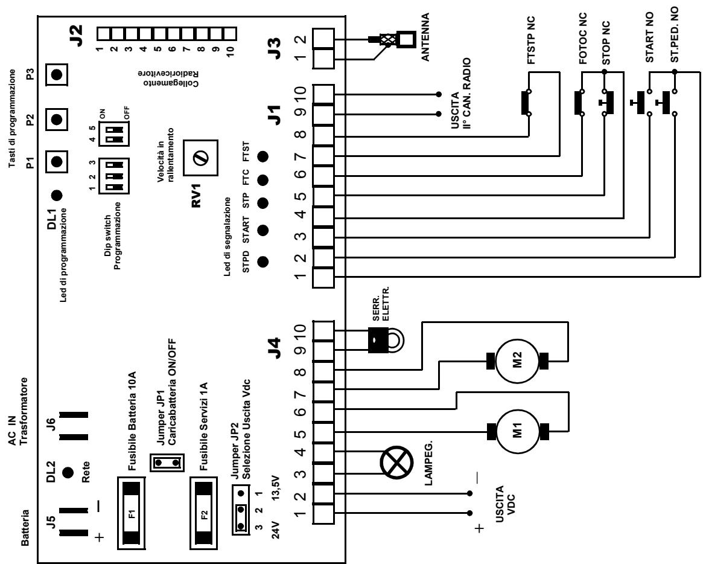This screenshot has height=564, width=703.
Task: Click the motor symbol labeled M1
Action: pyautogui.click(x=518, y=432)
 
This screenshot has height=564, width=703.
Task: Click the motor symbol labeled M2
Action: pyautogui.click(x=518, y=361)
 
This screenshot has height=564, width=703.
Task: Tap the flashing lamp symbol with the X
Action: pyautogui.click(x=396, y=463)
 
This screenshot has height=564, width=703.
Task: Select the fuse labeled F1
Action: pyautogui.click(x=132, y=513)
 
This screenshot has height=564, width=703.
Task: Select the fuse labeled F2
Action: pyautogui.click(x=204, y=513)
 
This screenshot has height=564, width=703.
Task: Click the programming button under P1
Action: pyautogui.click(x=57, y=161)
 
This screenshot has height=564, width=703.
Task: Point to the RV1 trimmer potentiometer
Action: pyautogui.click(x=200, y=158)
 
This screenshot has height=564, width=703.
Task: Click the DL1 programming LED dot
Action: pyautogui.click(x=57, y=196)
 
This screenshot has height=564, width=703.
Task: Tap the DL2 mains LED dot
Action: pyautogui.click(x=68, y=472)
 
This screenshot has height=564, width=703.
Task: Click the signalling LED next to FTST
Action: pyautogui.click(x=262, y=157)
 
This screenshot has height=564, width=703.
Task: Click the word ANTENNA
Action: pyautogui.click(x=425, y=37)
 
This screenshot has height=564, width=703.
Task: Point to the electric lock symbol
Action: pyautogui.click(x=384, y=340)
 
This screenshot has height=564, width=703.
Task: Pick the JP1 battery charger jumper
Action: pyautogui.click(x=167, y=462)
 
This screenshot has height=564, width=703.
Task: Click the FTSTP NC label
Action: pyautogui.click(x=531, y=40)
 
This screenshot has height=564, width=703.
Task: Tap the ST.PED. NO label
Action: pyautogui.click(x=674, y=35)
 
